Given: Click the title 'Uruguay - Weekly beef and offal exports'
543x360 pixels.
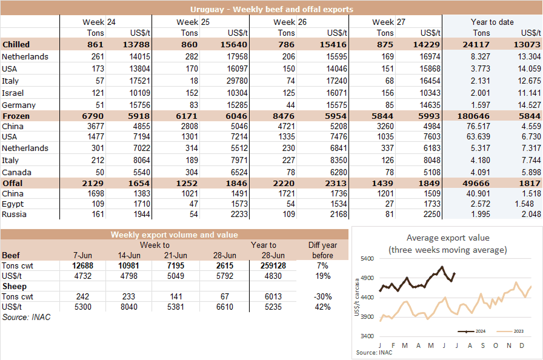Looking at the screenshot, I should [x=271, y=10].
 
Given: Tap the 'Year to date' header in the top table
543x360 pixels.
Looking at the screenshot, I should [x=492, y=22].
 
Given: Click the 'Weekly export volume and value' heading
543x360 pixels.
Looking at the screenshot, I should [x=174, y=235].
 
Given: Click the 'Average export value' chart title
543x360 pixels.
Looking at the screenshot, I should [x=448, y=238].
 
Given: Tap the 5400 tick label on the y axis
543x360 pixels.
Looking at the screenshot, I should [x=367, y=259].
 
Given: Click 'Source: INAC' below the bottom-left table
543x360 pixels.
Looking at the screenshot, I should [x=22, y=317].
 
